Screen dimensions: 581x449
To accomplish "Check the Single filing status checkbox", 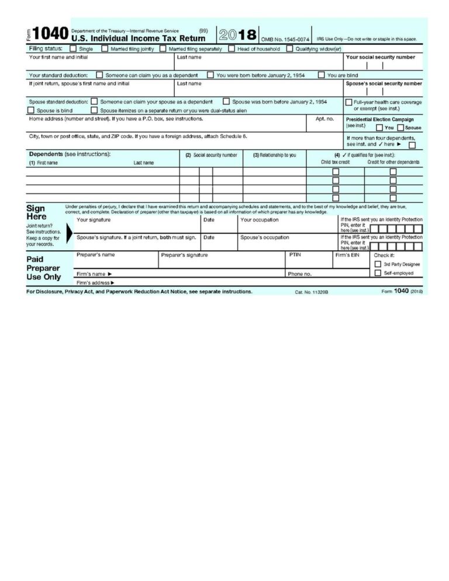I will pos(73,49).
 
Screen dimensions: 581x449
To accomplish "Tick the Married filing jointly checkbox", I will pos(105,49).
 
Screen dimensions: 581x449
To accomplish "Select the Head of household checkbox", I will pos(232,49).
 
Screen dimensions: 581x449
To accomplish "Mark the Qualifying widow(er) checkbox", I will pos(289,49).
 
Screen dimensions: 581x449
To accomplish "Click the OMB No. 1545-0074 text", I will pos(285,39).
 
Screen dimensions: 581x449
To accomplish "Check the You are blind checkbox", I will pos(322,75).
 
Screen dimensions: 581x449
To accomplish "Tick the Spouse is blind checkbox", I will pos(31,110).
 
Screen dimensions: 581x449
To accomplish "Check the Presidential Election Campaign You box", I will pos(379,127).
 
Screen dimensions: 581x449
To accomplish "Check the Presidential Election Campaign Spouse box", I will pos(400,127).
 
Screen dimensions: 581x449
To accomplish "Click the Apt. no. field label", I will pos(324,119).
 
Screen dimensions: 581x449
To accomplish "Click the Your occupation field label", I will pos(260,220).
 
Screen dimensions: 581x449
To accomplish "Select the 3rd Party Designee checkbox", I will pos(378,264).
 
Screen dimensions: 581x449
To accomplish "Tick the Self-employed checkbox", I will pos(378,273).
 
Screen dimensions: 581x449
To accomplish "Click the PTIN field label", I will pos(295,255).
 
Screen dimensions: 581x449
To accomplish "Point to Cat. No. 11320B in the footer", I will pos(312,292).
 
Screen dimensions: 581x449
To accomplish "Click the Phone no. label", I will pos(299,274).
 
